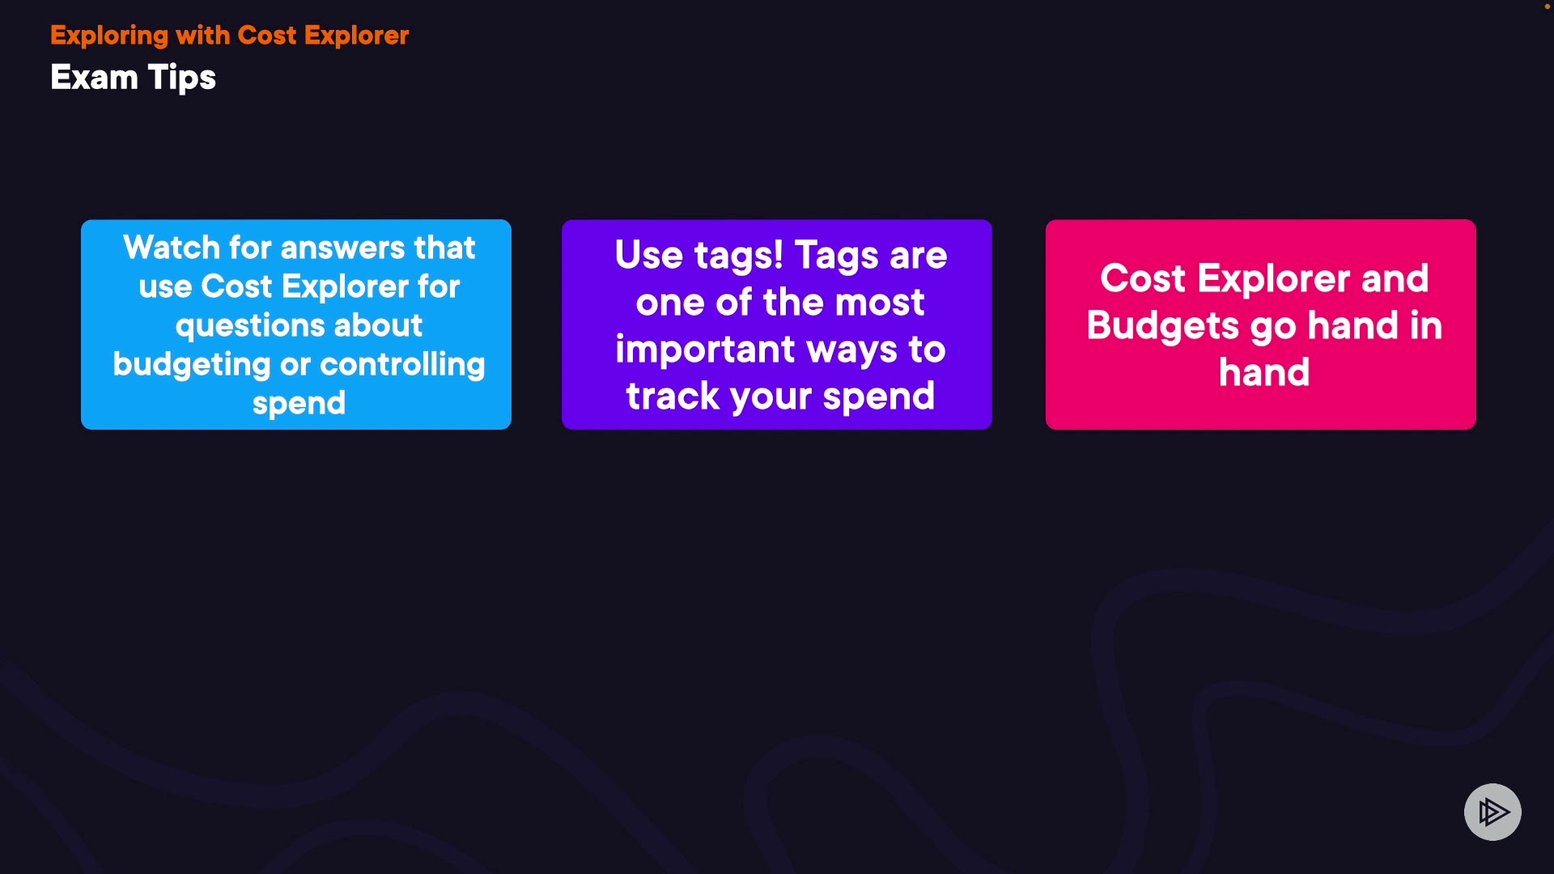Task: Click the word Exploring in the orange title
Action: (x=109, y=36)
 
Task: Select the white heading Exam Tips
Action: (x=133, y=78)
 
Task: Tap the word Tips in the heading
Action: (x=182, y=78)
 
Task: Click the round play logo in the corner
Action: (x=1492, y=812)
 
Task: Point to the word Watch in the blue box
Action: (x=171, y=248)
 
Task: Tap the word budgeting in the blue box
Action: (x=191, y=365)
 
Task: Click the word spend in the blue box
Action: (x=299, y=404)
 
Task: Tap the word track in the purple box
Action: (x=673, y=397)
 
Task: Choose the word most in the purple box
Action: (x=879, y=303)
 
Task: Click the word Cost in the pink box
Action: (x=1142, y=279)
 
